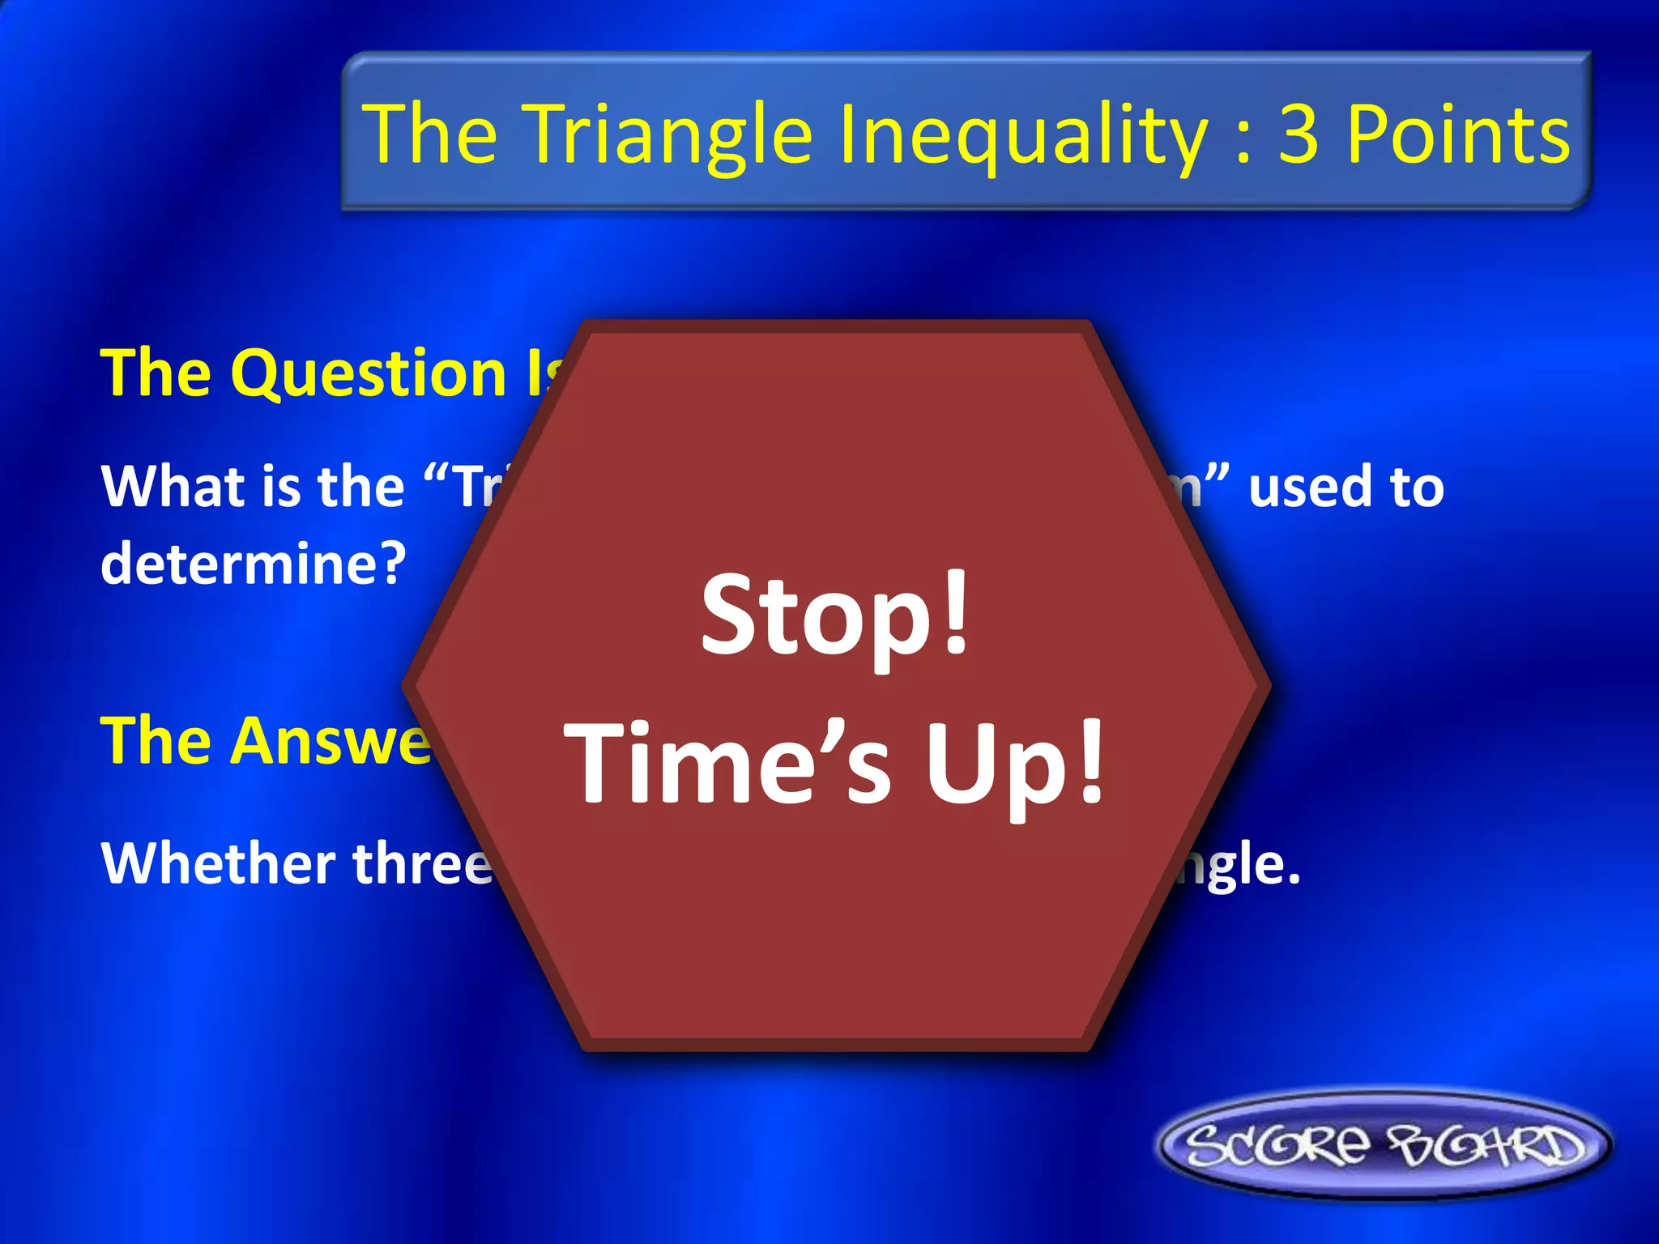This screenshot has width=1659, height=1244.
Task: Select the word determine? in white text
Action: tap(253, 564)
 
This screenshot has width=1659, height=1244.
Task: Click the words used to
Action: tap(1346, 487)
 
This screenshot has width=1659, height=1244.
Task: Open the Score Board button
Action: tap(1384, 1144)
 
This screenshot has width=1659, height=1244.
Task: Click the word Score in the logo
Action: tap(1278, 1144)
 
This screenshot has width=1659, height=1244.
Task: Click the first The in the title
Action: tap(430, 134)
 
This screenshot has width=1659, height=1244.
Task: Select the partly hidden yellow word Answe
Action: tap(267, 741)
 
